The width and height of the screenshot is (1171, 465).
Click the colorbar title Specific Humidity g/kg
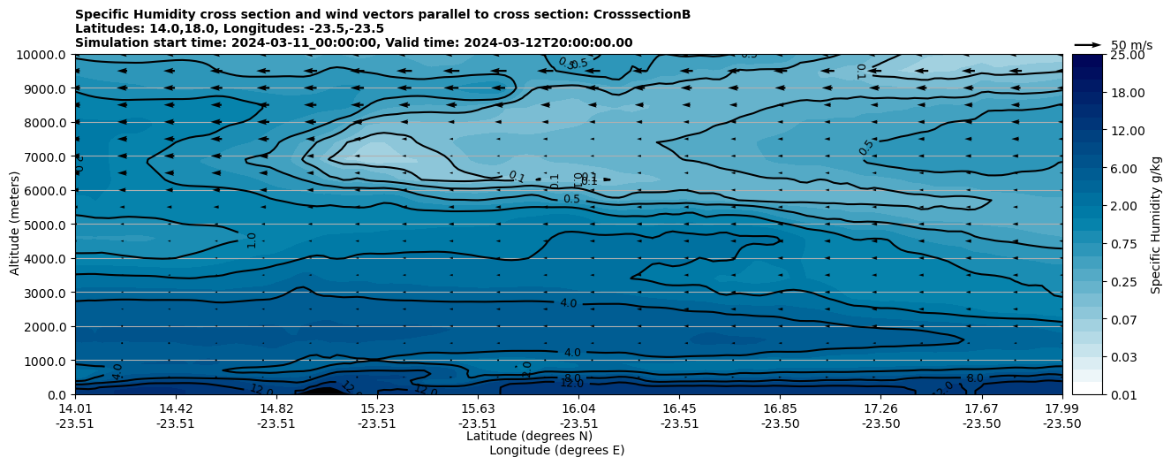coord(1156,225)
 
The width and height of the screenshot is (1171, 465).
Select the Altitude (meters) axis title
coord(15,225)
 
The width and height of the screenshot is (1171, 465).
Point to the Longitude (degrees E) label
coord(556,450)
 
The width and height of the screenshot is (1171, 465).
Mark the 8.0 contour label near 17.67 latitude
coord(974,378)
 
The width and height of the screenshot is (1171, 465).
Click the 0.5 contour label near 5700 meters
coord(571,199)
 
